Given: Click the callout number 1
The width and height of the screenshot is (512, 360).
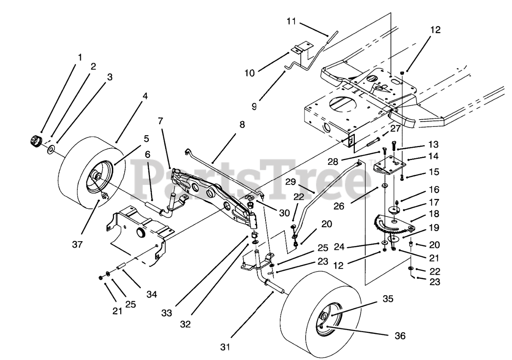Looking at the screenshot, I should click(80, 57).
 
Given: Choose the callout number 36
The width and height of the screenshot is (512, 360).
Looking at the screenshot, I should click(400, 336).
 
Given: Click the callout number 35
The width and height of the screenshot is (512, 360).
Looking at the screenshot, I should click(387, 299).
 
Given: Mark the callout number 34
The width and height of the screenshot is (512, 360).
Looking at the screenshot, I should click(152, 294).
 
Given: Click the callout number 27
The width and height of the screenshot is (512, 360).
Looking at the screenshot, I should click(395, 129).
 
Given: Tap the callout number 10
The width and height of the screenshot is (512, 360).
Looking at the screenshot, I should click(260, 73).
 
